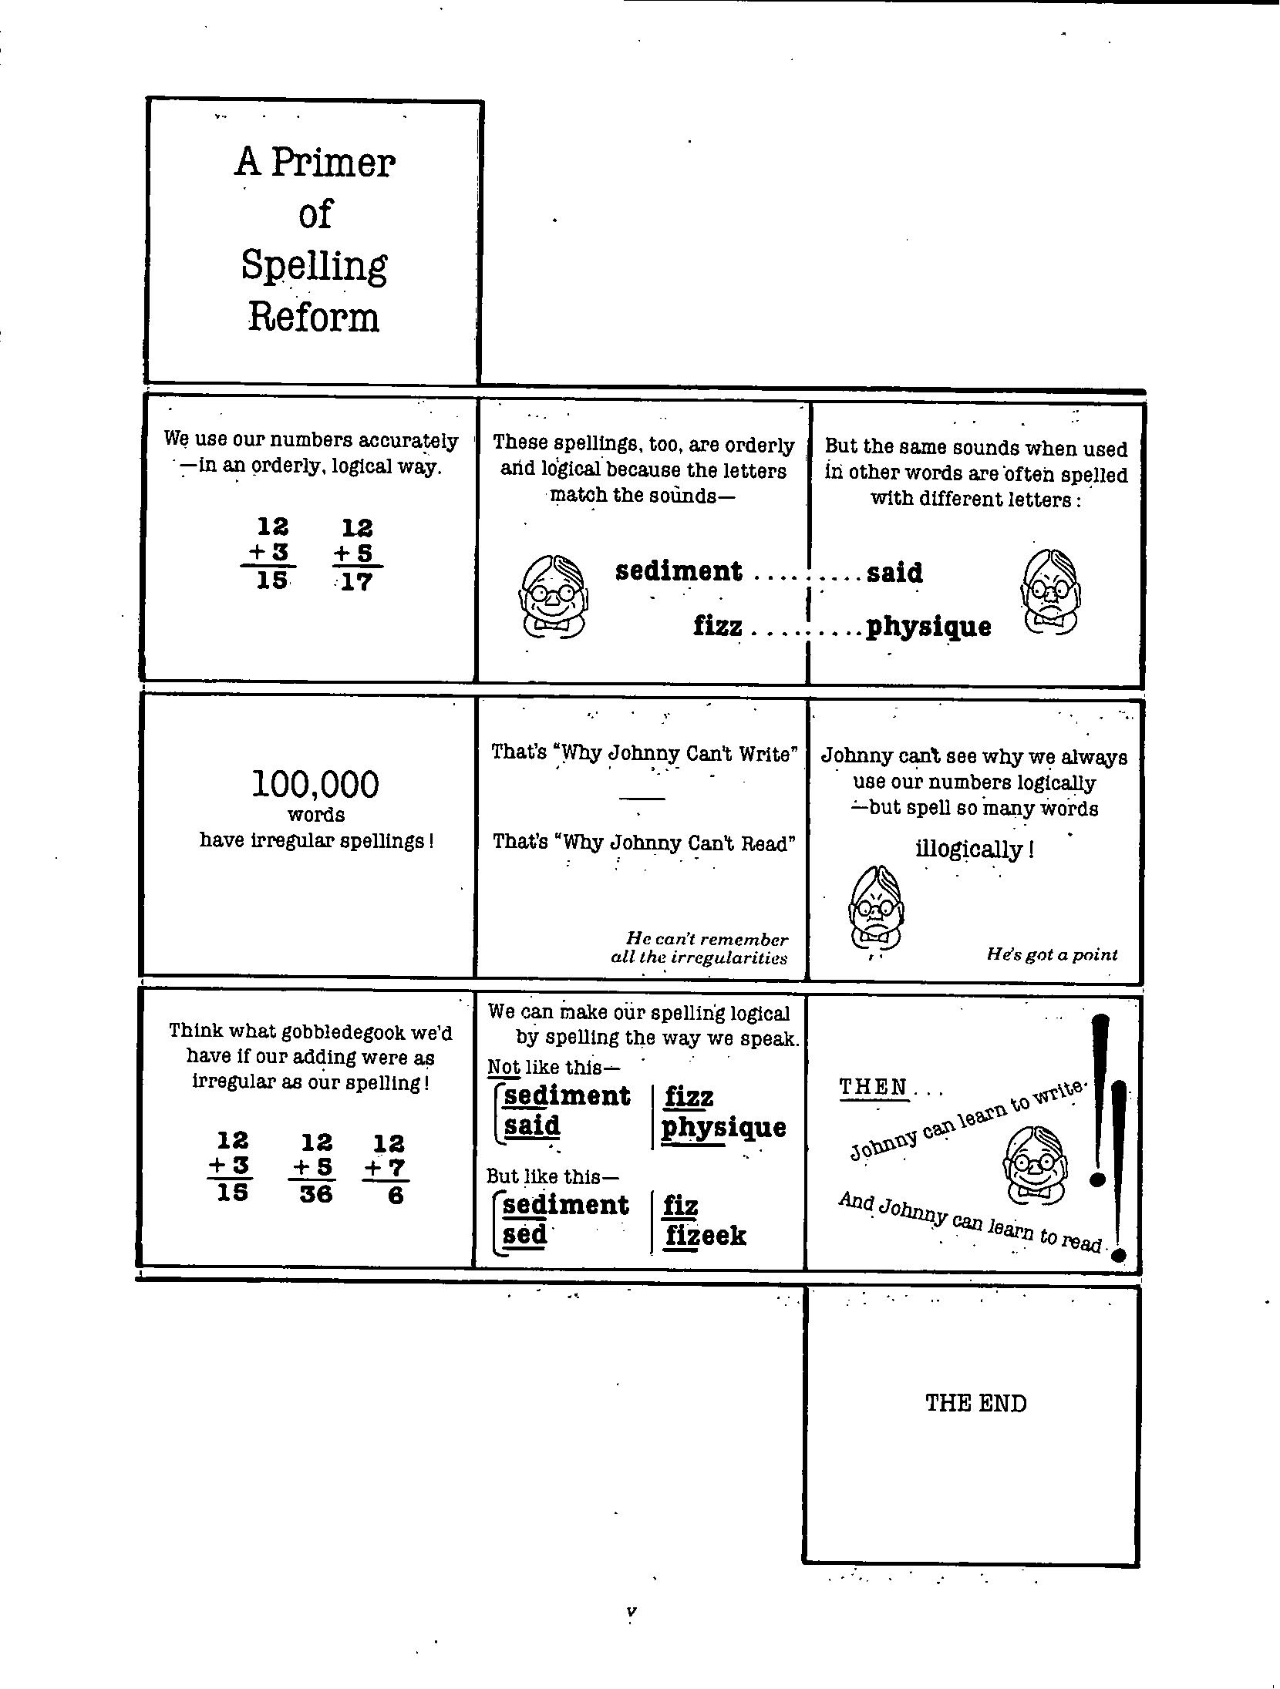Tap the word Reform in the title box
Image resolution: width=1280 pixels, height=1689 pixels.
tap(314, 318)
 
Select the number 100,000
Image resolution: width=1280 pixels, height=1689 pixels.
tap(315, 785)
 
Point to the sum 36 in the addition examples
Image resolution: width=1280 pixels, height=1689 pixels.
tap(315, 1194)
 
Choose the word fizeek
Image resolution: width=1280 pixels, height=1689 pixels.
tap(705, 1236)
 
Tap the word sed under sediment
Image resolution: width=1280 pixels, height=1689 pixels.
tap(524, 1234)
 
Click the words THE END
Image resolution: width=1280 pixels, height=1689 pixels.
tap(975, 1403)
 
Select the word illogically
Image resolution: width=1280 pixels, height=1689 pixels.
tap(970, 850)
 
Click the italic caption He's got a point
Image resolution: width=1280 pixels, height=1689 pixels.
tap(1052, 954)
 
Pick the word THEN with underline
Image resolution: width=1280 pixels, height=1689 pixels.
tap(874, 1087)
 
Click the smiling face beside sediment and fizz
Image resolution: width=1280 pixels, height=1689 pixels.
tap(553, 594)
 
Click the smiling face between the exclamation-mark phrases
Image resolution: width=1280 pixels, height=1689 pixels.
tap(1035, 1165)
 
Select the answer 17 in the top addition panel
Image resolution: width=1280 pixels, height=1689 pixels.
tap(356, 581)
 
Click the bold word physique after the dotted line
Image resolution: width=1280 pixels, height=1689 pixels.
tap(928, 627)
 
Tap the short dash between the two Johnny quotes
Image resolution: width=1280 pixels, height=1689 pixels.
tap(642, 798)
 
